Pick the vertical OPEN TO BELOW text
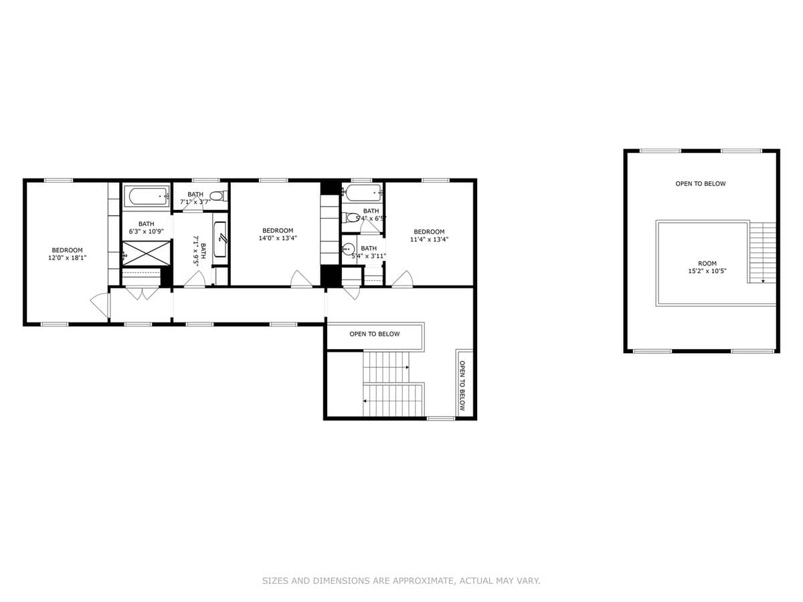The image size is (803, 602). tap(462, 386)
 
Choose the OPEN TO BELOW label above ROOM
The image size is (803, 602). tap(700, 184)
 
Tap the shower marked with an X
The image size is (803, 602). tap(141, 254)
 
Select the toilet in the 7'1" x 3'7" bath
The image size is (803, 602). tap(221, 196)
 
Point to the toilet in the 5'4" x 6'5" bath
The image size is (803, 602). tap(351, 217)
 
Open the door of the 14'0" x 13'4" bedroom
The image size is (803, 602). tap(301, 280)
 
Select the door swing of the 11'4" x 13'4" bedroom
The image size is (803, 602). tap(401, 280)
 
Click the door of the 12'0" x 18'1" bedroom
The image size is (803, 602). tap(100, 305)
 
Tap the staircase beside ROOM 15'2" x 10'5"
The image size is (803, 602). tap(761, 253)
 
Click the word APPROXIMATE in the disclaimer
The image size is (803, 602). tap(421, 581)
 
